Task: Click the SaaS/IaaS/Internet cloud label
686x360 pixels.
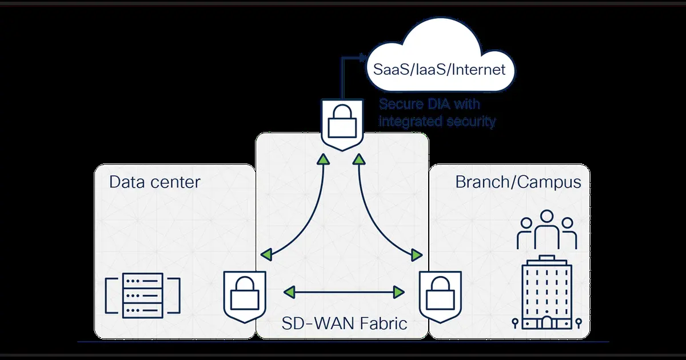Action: [x=439, y=70]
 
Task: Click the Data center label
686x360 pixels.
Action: [x=154, y=182]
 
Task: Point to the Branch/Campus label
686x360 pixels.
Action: [x=518, y=182]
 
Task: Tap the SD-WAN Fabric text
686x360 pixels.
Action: [x=345, y=323]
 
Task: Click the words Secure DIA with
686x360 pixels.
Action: [x=430, y=105]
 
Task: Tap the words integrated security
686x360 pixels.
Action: [x=437, y=121]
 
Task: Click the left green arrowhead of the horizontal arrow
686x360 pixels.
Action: [x=290, y=293]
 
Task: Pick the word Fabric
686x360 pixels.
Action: [x=381, y=323]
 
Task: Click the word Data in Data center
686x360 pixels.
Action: [x=126, y=182]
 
